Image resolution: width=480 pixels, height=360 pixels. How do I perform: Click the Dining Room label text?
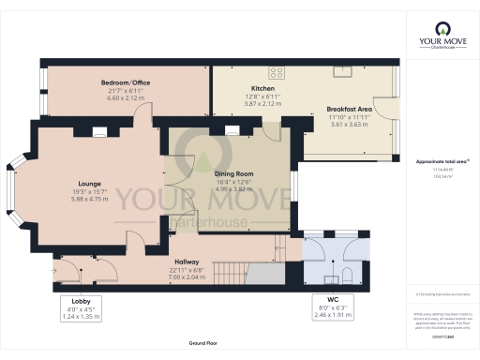click(233, 173)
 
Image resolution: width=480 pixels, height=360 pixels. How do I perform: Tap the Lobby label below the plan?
click(80, 301)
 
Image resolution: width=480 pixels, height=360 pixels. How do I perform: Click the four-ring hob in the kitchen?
click(278, 71)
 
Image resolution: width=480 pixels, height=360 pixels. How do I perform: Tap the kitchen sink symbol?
click(346, 69)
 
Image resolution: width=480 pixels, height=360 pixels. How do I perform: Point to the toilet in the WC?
click(347, 273)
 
